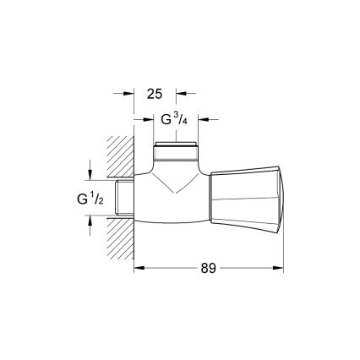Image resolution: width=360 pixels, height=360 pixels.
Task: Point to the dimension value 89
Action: pos(208,268)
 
